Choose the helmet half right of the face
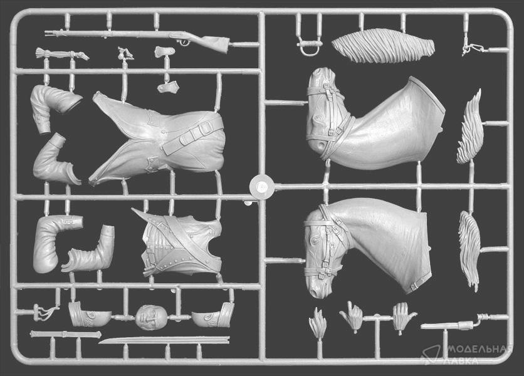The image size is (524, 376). (x=214, y=316)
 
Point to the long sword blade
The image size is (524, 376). (x=164, y=340)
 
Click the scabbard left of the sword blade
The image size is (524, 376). (x=65, y=334)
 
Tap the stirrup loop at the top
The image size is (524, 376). (x=309, y=47)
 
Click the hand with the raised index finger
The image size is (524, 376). (x=351, y=316)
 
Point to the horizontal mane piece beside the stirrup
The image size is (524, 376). (x=383, y=46)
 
